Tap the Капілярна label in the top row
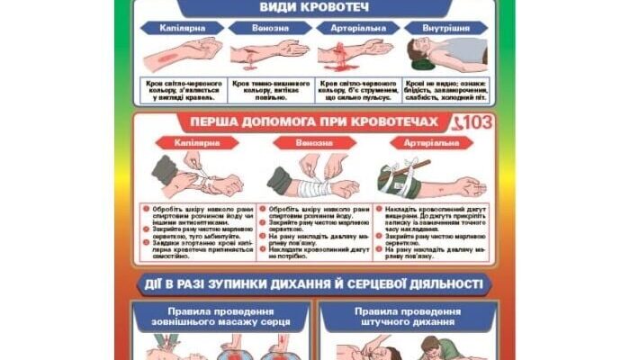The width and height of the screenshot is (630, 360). (184, 27)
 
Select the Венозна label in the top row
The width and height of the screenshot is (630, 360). (270, 27)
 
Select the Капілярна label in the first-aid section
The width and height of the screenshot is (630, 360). (191, 143)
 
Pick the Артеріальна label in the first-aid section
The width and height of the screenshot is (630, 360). (426, 143)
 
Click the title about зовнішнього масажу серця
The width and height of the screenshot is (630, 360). (220, 319)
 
